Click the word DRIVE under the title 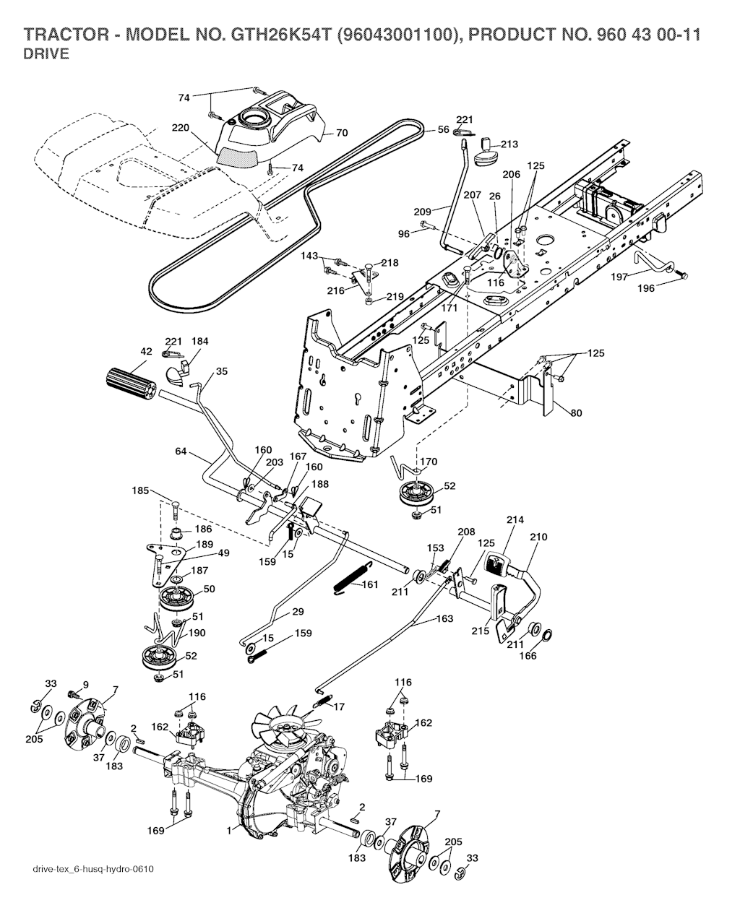click(46, 55)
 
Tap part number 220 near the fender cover click(180, 128)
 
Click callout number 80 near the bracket click(575, 414)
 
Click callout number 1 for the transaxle click(229, 831)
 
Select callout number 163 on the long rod click(445, 619)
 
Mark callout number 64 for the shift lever click(181, 451)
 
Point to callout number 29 click(297, 612)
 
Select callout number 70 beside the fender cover click(342, 133)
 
